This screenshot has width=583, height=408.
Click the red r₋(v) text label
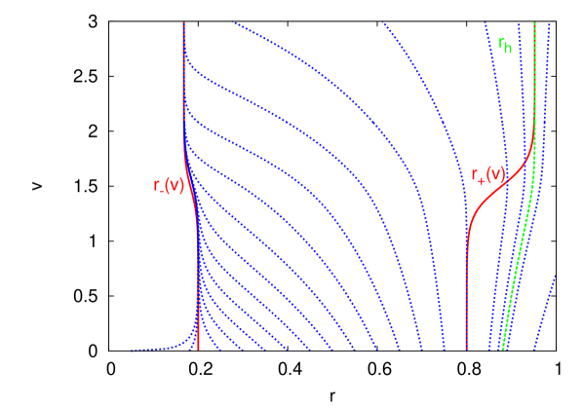(x=169, y=185)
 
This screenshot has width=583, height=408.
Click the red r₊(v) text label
(x=487, y=175)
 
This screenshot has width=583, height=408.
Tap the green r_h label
(x=505, y=45)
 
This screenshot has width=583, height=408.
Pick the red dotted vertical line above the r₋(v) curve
(x=184, y=78)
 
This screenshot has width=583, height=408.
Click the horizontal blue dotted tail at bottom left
(x=156, y=348)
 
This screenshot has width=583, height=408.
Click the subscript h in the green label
(x=508, y=49)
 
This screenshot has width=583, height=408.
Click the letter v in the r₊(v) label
(x=494, y=175)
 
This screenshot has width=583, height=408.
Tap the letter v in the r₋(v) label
(x=175, y=185)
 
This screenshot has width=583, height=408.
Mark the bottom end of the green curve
(x=503, y=347)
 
